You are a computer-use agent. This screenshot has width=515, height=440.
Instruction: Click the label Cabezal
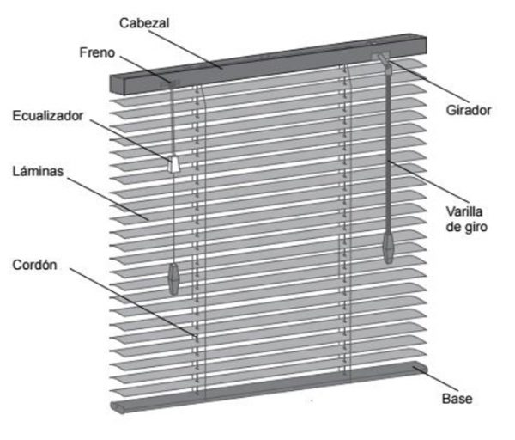144,23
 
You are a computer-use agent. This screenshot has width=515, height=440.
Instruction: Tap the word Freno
97,52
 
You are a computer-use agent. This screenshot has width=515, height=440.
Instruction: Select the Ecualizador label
48,116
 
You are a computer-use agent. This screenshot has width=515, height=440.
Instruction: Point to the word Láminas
38,171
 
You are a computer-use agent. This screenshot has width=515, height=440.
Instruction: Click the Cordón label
34,265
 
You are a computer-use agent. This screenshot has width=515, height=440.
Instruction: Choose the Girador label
469,110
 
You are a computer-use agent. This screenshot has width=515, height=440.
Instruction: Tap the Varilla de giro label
466,219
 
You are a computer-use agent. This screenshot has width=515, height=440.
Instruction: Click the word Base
457,399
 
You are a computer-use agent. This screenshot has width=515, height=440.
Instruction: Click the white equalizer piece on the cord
173,163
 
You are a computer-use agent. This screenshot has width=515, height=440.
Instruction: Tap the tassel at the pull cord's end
173,278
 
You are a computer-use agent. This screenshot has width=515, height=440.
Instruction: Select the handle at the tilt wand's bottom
388,247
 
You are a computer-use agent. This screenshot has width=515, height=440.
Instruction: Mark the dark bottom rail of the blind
269,388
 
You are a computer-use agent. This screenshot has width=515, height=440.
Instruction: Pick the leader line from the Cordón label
133,302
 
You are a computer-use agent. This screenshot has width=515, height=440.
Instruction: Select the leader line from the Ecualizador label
130,140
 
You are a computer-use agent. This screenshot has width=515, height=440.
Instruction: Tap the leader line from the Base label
437,378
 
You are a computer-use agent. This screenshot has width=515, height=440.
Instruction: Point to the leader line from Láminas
108,199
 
